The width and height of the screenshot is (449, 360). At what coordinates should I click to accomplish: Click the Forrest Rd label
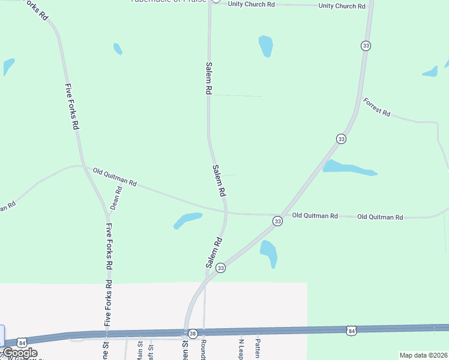pyautogui.click(x=377, y=107)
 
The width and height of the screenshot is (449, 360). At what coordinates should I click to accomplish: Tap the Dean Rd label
pyautogui.click(x=115, y=198)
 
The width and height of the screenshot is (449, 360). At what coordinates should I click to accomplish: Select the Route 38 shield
pyautogui.click(x=192, y=334)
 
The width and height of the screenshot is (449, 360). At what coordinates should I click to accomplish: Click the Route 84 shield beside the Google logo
pyautogui.click(x=22, y=341)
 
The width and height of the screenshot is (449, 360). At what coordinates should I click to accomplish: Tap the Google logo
pyautogui.click(x=20, y=353)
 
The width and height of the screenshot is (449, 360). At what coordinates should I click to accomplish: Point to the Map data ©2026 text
pyautogui.click(x=423, y=355)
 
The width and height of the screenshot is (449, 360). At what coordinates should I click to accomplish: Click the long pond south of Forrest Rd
pyautogui.click(x=349, y=168)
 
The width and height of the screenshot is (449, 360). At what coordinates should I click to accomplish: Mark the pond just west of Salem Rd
pyautogui.click(x=187, y=220)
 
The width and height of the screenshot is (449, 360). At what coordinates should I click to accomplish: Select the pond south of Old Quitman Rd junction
pyautogui.click(x=269, y=252)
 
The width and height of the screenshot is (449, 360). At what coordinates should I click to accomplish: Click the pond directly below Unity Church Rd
pyautogui.click(x=265, y=46)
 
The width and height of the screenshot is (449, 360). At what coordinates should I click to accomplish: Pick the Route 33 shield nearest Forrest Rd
pyautogui.click(x=341, y=139)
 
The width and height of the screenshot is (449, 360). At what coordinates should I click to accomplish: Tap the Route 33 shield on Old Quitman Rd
pyautogui.click(x=277, y=221)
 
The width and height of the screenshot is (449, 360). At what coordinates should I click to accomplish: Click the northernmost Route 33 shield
pyautogui.click(x=365, y=46)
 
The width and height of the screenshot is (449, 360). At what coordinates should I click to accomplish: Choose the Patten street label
pyautogui.click(x=258, y=348)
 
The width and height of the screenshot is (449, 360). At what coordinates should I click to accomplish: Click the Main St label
pyautogui.click(x=140, y=350)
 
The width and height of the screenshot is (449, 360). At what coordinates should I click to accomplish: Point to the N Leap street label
pyautogui.click(x=241, y=348)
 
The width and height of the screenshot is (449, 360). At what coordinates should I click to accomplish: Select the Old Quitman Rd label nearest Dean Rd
pyautogui.click(x=115, y=178)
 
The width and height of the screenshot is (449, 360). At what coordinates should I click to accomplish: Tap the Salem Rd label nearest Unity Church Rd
pyautogui.click(x=208, y=78)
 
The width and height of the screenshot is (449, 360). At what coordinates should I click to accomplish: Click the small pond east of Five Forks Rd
pyautogui.click(x=118, y=49)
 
